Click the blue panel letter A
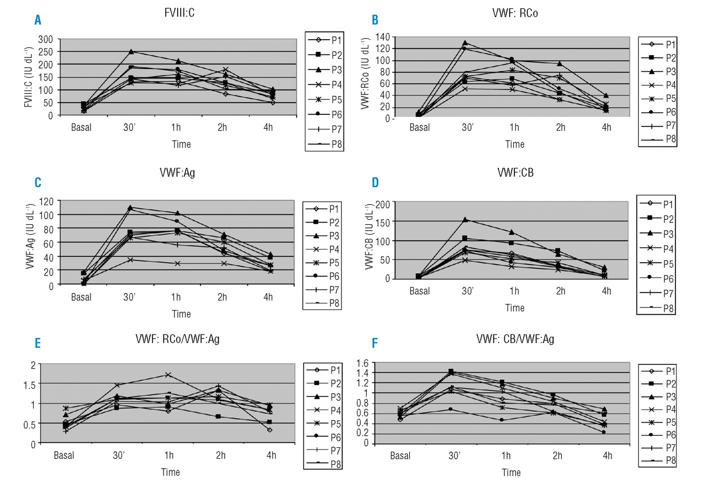pyautogui.click(x=38, y=20)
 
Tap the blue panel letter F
pyautogui.click(x=376, y=343)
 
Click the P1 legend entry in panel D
pyautogui.click(x=662, y=204)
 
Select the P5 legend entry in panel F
pyautogui.click(x=663, y=422)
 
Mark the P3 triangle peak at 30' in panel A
pyautogui.click(x=131, y=52)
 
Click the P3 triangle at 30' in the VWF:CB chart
pyautogui.click(x=465, y=219)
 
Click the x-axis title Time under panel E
pyautogui.click(x=170, y=473)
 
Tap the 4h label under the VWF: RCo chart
pyautogui.click(x=606, y=129)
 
